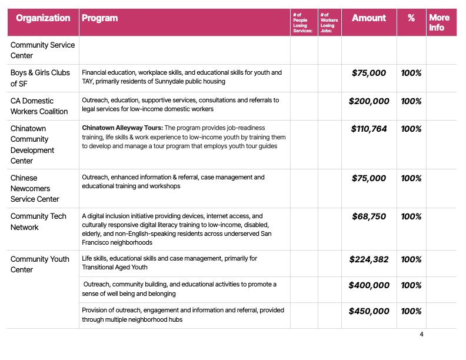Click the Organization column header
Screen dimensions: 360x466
pos(43,18)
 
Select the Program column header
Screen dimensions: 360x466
pos(99,18)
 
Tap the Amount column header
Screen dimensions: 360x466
pos(369,18)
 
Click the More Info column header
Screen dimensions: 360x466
pos(439,22)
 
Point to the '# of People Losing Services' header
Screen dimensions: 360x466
pos(304,22)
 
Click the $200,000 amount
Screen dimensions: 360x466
pos(369,101)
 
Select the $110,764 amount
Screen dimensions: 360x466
pos(369,129)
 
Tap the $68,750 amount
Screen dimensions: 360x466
pos(369,216)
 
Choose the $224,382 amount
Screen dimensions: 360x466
pos(369,259)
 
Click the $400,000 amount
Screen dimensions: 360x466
pos(369,285)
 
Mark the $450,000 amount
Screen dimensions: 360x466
pos(369,311)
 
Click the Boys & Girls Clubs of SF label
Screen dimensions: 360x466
pos(40,78)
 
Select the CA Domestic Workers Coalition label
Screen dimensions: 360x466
pos(39,106)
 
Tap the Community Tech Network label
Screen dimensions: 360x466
pos(38,222)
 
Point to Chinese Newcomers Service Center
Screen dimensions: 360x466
pos(35,188)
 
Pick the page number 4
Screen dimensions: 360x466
pos(421,335)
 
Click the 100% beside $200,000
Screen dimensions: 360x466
pos(411,101)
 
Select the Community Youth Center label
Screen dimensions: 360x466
pos(40,264)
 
